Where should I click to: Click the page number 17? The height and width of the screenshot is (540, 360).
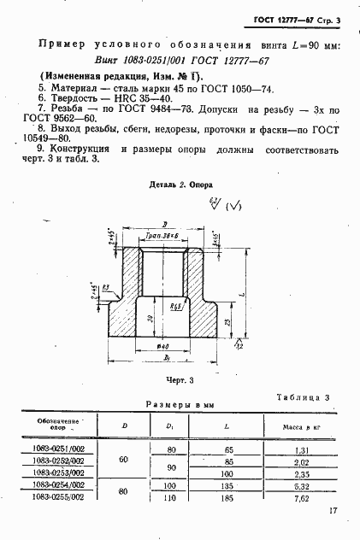[x=332, y=512]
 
